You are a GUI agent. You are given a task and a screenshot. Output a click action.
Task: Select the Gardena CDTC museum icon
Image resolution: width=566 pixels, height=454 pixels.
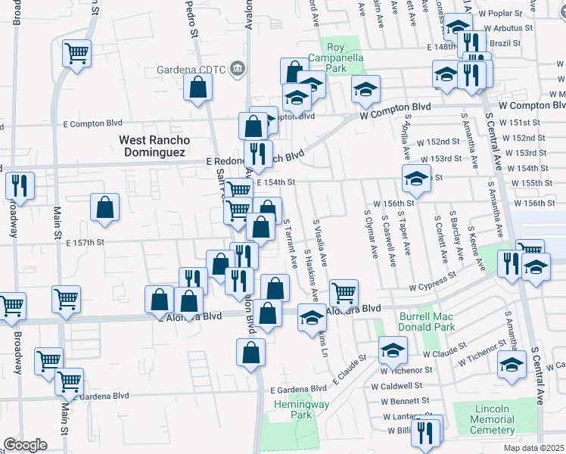tap(238, 70)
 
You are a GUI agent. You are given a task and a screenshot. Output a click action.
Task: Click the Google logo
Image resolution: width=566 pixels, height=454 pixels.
tap(25, 445)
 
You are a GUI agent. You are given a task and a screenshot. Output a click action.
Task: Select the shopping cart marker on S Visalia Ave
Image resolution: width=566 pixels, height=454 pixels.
tap(344, 292)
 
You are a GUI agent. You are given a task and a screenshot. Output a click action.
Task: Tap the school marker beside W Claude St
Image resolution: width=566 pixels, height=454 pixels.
tap(393, 349)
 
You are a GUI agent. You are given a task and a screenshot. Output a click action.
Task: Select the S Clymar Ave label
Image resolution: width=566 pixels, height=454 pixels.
tap(372, 231)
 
